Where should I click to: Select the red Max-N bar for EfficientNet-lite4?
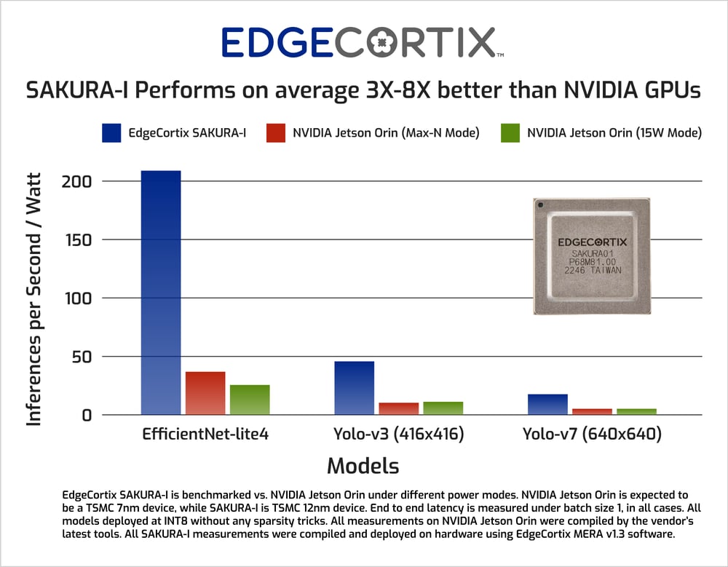[x=205, y=393]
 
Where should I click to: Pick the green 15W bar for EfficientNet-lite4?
[x=250, y=400]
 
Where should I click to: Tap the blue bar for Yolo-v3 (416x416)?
[x=354, y=388]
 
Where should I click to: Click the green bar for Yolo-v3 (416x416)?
[x=443, y=408]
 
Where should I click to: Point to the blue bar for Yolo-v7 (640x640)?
[x=547, y=404]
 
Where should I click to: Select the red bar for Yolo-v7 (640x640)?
[x=592, y=411]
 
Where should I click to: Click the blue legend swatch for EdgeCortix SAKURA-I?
[x=111, y=133]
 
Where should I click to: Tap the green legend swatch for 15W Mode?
[x=510, y=133]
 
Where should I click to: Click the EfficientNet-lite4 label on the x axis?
[x=205, y=435]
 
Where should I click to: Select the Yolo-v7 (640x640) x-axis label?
[x=592, y=435]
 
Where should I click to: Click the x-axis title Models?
[x=363, y=466]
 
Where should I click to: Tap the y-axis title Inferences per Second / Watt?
[x=34, y=298]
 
